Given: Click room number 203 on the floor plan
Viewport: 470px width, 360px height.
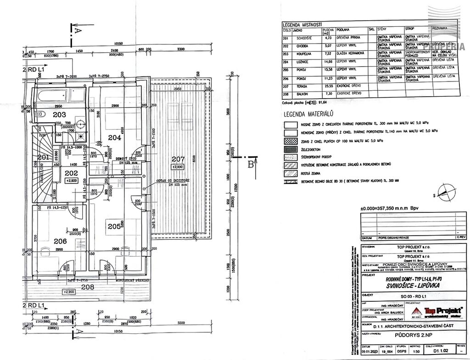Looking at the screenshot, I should (59, 115).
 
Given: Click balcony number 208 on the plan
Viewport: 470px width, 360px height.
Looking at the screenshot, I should (87, 288).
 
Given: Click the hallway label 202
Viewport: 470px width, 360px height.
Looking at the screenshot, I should (71, 173).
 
